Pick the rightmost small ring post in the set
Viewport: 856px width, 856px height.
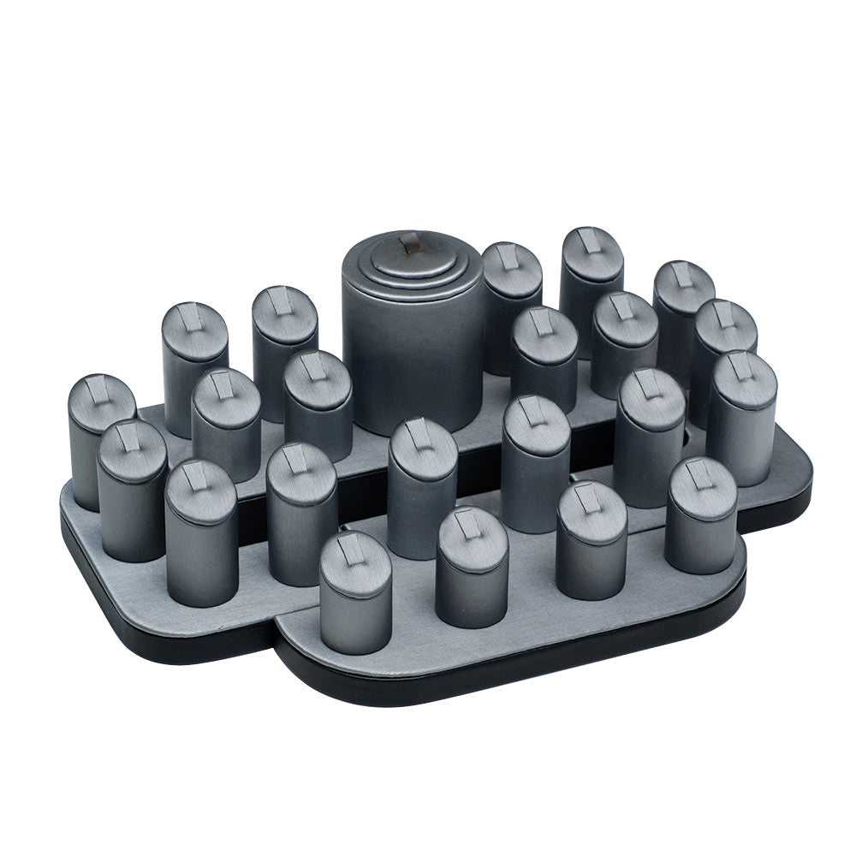741,419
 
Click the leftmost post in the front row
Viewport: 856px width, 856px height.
354,595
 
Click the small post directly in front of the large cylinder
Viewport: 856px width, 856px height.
421,488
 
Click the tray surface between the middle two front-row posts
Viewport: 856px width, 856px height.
531,591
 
